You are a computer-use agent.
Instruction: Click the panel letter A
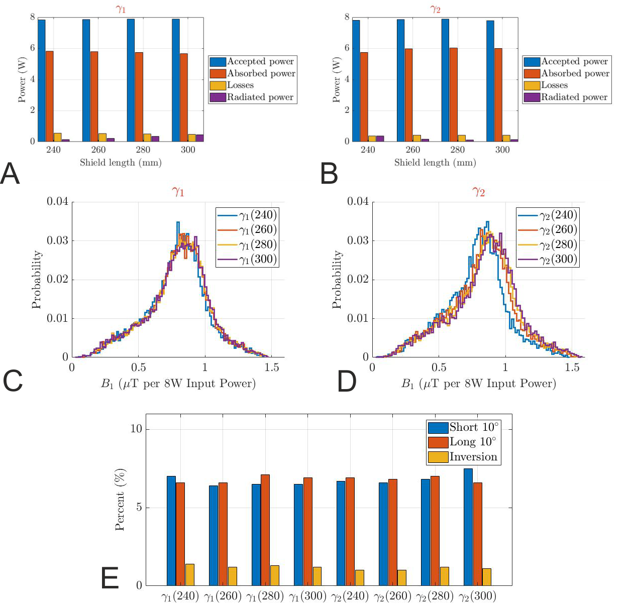[x=10, y=174]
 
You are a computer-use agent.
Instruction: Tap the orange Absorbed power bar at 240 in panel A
[x=49, y=96]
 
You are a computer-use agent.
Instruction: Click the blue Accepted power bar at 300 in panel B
[x=490, y=81]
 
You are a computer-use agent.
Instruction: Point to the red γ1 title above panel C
[x=178, y=192]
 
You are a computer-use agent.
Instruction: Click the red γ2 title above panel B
[x=435, y=9]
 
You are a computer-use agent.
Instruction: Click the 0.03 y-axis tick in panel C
[x=57, y=240]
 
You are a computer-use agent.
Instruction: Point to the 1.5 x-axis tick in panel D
[x=572, y=368]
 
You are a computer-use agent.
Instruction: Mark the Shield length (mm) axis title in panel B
[x=435, y=163]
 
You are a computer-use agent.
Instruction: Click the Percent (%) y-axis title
[x=120, y=500]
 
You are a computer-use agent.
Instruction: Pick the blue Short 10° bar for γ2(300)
[x=468, y=527]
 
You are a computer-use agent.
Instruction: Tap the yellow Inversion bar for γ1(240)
[x=189, y=575]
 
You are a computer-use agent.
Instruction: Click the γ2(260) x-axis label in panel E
[x=392, y=596]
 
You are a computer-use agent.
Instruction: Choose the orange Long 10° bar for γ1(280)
[x=265, y=530]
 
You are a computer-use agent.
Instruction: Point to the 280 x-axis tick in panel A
[x=143, y=150]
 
